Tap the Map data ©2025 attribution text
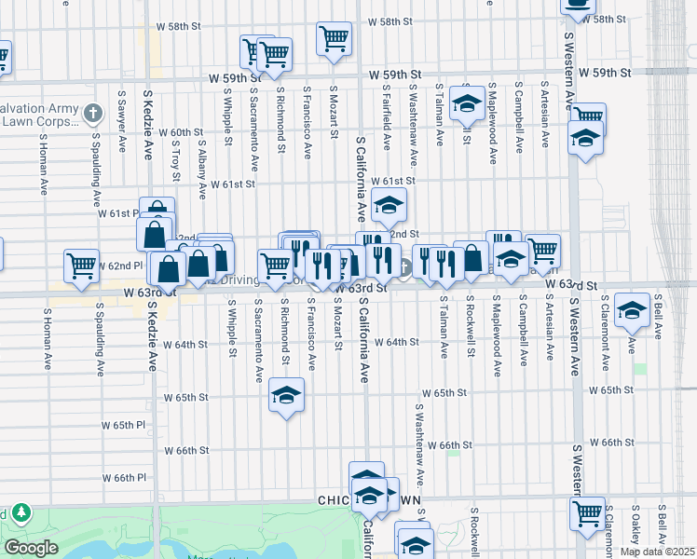[658, 552]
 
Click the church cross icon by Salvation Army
[92, 114]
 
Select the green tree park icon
[20, 513]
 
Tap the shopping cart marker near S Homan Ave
[82, 266]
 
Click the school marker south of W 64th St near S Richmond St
[287, 395]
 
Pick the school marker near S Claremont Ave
[632, 312]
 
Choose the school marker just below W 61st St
[389, 204]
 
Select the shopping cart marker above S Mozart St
[334, 39]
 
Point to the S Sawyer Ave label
[121, 121]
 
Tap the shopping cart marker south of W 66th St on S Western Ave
[587, 512]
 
